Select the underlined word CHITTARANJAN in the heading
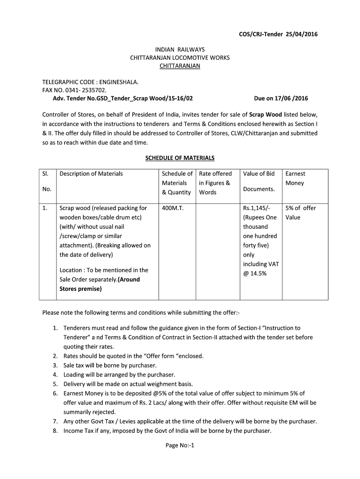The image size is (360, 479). pyautogui.click(x=180, y=66)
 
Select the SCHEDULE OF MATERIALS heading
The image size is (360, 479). pyautogui.click(x=180, y=158)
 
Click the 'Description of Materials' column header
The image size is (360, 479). pyautogui.click(x=91, y=174)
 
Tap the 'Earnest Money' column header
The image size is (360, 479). pyautogui.click(x=295, y=178)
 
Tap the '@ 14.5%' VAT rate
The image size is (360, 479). pyautogui.click(x=255, y=274)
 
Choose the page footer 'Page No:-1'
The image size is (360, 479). pyautogui.click(x=180, y=445)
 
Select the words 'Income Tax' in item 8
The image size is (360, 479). pyautogui.click(x=78, y=431)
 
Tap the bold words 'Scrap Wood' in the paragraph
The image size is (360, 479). pyautogui.click(x=265, y=114)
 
